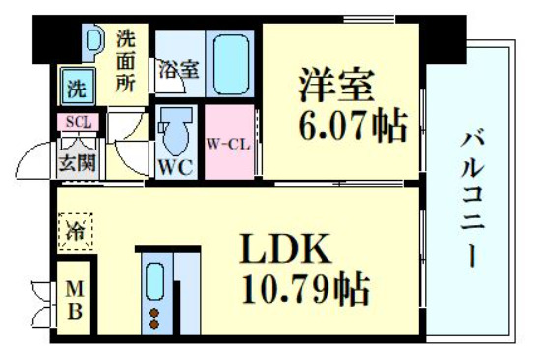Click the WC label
coord(174,166)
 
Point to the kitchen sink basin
coord(154,282)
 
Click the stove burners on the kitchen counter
coord(154,317)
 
